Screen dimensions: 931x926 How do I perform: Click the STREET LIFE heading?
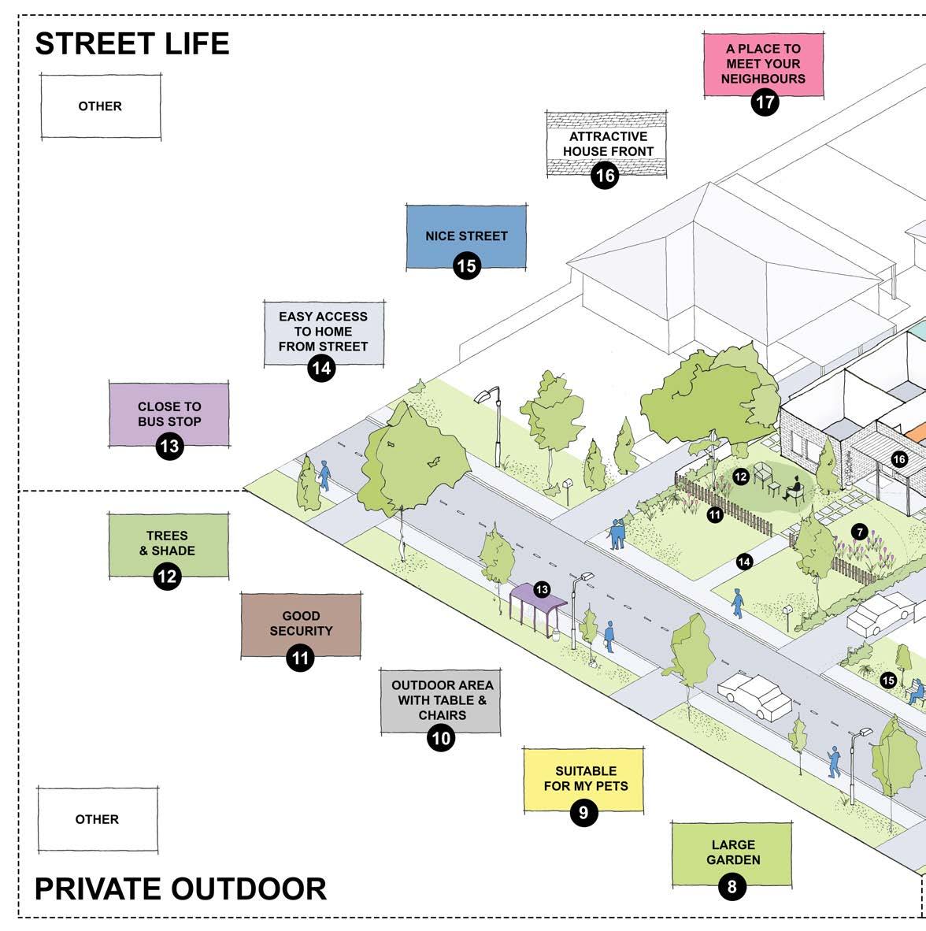coord(131,43)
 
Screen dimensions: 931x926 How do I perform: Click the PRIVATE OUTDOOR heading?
coord(180,888)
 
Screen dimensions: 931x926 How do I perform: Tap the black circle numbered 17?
coord(764,102)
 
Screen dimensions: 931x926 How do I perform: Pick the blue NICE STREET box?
coord(466,236)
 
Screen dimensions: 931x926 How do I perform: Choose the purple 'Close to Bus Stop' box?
coord(169,414)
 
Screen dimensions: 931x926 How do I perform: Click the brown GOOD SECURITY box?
coord(301,624)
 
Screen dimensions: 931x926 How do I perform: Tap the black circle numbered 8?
coord(732,888)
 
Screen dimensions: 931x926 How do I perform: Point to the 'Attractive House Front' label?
coord(607,143)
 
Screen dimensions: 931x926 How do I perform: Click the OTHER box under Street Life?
coord(100,106)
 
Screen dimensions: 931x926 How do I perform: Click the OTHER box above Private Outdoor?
coord(97,819)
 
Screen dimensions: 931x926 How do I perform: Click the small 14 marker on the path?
coord(744,562)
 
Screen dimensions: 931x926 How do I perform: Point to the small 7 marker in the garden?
coord(859,532)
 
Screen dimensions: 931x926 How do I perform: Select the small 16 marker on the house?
coord(899,459)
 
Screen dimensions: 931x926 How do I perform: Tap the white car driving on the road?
coord(754,695)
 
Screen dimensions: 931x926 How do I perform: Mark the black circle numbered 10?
coord(441,738)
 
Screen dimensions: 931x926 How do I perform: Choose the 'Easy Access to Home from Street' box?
coord(324,332)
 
